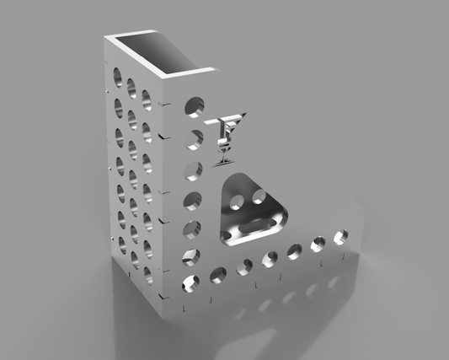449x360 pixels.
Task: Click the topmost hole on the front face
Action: tap(195, 107)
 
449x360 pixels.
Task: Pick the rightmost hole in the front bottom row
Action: tap(342, 237)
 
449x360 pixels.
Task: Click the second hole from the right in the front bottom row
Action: tap(319, 244)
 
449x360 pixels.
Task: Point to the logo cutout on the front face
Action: tap(226, 135)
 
